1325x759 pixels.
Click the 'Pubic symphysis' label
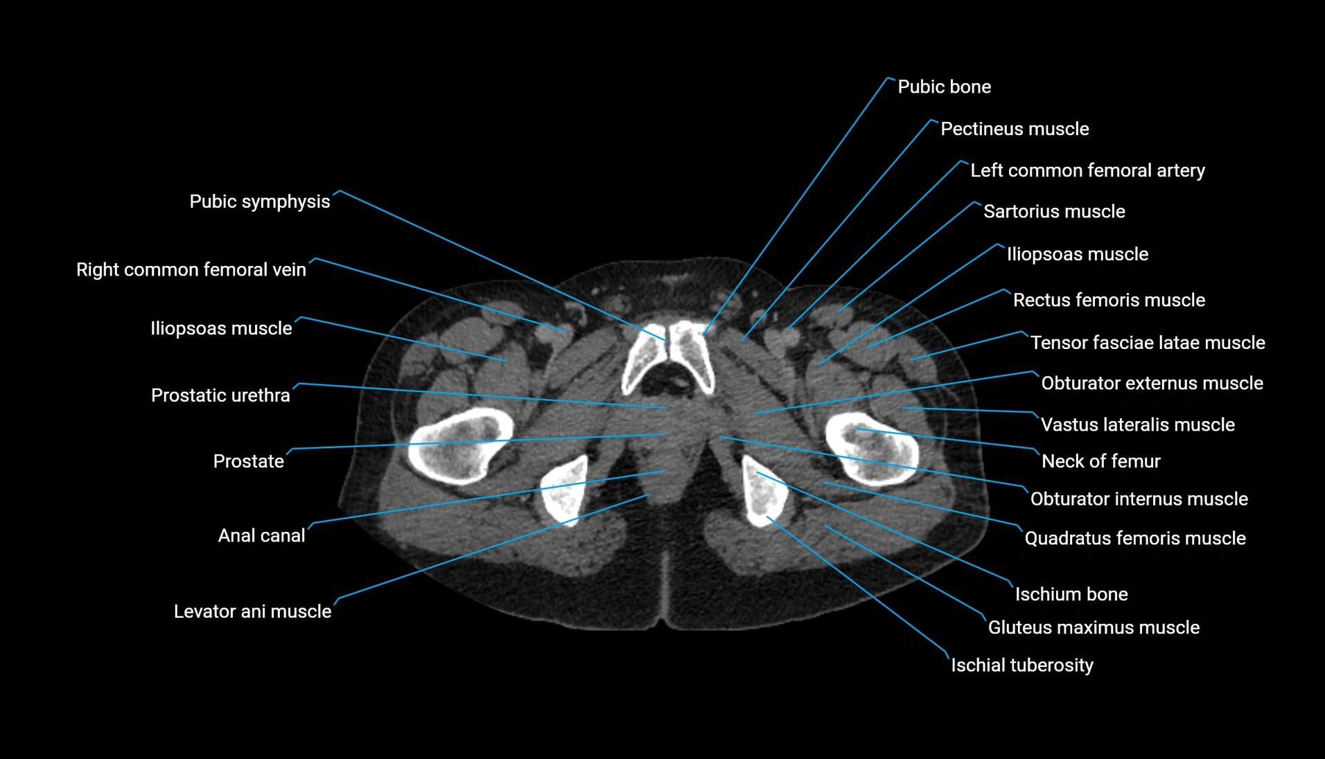pos(260,202)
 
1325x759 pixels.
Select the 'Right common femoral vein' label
pos(191,269)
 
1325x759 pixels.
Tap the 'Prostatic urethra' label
pos(220,395)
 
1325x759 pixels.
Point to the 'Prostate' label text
pos(249,461)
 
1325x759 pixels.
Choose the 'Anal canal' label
pos(262,535)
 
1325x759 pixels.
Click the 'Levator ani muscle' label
pos(253,611)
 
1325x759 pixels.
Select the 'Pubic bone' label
pos(945,87)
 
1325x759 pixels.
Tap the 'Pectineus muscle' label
pos(1015,129)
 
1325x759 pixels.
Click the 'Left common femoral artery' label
pos(1087,170)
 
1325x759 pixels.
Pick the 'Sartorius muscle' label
pos(1054,211)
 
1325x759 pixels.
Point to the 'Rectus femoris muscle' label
pos(1109,300)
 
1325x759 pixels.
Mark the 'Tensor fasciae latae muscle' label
pos(1148,343)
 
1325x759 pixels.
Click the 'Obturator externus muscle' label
pos(1152,383)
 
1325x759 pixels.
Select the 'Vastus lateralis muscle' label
pos(1138,425)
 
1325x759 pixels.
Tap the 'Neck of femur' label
pos(1101,461)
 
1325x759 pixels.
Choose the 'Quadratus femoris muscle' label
pos(1135,538)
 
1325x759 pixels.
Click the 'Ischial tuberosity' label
pos(1022,666)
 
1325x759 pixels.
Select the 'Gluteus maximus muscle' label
pos(1094,627)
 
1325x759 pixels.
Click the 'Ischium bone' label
pos(1071,594)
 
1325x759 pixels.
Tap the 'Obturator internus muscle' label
pos(1139,499)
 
